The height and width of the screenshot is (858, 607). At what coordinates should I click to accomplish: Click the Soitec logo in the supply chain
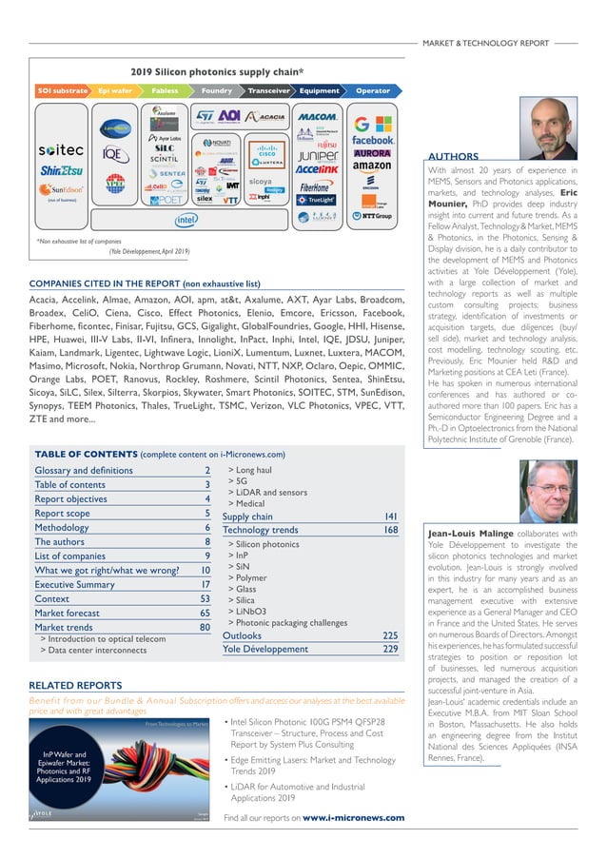61,150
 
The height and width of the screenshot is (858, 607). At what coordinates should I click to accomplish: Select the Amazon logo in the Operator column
373,166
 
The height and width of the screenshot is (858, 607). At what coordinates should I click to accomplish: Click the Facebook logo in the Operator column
373,140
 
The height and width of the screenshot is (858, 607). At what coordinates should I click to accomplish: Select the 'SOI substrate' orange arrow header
62,91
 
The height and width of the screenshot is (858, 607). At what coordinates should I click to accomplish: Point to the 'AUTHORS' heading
453,156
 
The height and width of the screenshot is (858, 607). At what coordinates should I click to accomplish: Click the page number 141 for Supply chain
390,517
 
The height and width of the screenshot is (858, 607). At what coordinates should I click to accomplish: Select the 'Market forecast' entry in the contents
69,614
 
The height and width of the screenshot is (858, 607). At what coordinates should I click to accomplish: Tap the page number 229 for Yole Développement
390,649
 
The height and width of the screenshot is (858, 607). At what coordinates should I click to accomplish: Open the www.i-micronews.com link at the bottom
353,817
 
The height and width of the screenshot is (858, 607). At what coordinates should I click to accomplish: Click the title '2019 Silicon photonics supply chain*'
217,71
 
